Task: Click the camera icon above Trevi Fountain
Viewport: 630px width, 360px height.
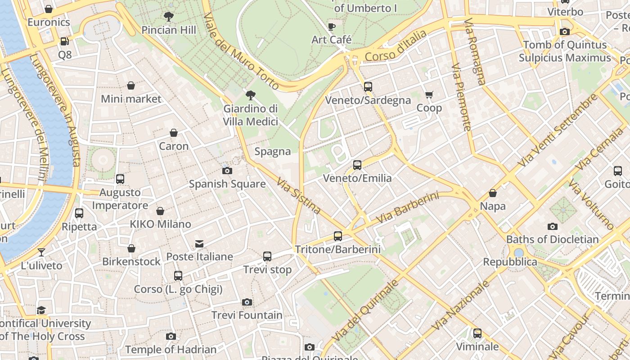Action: (x=247, y=302)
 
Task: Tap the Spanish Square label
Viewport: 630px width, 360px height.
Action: (x=227, y=184)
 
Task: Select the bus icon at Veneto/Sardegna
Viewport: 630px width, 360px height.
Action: (x=368, y=87)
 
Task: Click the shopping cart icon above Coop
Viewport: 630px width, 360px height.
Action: (x=429, y=94)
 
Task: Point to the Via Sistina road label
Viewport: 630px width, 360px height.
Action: (x=298, y=195)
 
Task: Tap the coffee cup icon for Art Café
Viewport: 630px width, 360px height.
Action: (x=332, y=27)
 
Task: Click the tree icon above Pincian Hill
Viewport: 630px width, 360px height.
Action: (x=169, y=17)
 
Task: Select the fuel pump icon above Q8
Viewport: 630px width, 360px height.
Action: (x=65, y=41)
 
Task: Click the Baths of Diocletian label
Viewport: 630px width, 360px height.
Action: (x=553, y=239)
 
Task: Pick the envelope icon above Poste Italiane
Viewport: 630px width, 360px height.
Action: (x=199, y=244)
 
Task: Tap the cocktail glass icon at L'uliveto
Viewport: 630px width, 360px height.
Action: (x=41, y=252)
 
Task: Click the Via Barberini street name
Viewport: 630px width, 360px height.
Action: (x=407, y=207)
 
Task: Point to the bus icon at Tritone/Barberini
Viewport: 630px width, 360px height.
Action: (x=337, y=236)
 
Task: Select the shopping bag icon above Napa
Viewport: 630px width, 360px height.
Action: (x=493, y=193)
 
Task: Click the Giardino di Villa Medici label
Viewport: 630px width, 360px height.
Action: (x=251, y=115)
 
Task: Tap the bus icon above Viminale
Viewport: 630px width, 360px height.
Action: (x=477, y=333)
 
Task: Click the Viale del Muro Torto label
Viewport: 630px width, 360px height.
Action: (x=241, y=50)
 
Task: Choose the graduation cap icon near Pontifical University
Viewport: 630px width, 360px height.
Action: (x=41, y=310)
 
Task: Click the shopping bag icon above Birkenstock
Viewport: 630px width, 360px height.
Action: (x=131, y=248)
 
